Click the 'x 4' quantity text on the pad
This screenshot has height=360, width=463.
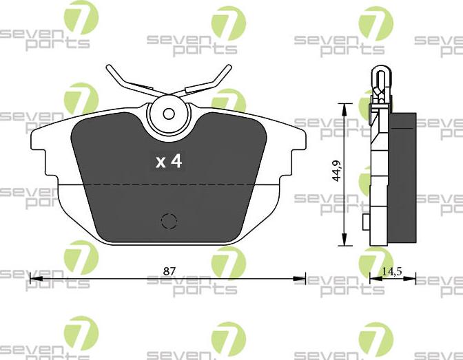coord(168,161)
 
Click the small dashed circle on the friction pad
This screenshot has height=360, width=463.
coord(168,220)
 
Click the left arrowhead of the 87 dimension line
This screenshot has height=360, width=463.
coord(32,279)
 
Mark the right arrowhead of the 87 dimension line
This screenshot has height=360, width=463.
coord(302,279)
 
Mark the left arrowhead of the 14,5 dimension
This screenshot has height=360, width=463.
coord(373,279)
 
